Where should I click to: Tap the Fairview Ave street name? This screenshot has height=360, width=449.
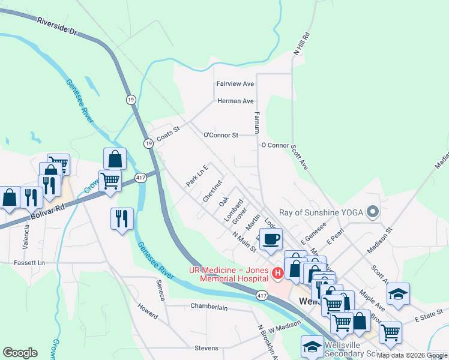tap(235, 84)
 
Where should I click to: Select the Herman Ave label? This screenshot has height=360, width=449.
tap(235, 101)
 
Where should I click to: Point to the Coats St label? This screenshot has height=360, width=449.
tap(168, 133)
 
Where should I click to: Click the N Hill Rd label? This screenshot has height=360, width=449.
tap(300, 44)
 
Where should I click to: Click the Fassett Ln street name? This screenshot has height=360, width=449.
tap(29, 263)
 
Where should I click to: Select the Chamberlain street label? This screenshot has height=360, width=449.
tap(209, 307)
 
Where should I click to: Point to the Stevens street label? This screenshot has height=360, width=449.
tap(206, 348)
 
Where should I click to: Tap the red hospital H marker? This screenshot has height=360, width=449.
tap(277, 274)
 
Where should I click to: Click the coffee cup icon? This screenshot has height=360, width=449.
tap(270, 239)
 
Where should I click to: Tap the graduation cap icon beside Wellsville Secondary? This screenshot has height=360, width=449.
tap(312, 347)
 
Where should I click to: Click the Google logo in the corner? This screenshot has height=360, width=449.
tap(20, 353)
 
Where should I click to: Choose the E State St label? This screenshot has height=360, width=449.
tap(427, 314)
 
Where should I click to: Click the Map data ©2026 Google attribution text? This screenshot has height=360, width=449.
tap(412, 355)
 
